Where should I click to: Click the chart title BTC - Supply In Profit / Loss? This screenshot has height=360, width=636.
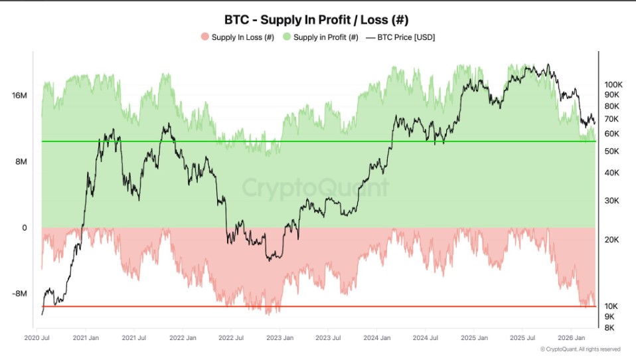coord(318,20)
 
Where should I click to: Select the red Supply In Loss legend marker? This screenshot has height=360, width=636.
coord(204,37)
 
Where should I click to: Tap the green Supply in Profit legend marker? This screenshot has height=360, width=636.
coord(286,37)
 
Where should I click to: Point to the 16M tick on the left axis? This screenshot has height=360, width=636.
coord(19,96)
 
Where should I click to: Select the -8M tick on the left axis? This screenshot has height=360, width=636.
coord(19,294)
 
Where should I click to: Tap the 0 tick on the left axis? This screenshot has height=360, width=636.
coord(24,228)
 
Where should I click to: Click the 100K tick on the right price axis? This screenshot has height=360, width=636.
coord(613,85)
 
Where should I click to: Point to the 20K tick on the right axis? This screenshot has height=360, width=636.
coord(611,239)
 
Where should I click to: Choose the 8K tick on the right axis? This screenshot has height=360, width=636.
coord(609,327)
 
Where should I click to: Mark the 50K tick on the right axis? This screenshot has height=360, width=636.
coord(611,151)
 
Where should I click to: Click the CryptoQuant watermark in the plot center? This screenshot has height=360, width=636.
coord(315,188)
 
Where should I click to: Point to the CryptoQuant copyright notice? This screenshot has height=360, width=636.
coord(580,349)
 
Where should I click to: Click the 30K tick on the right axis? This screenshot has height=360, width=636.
coord(611,201)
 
